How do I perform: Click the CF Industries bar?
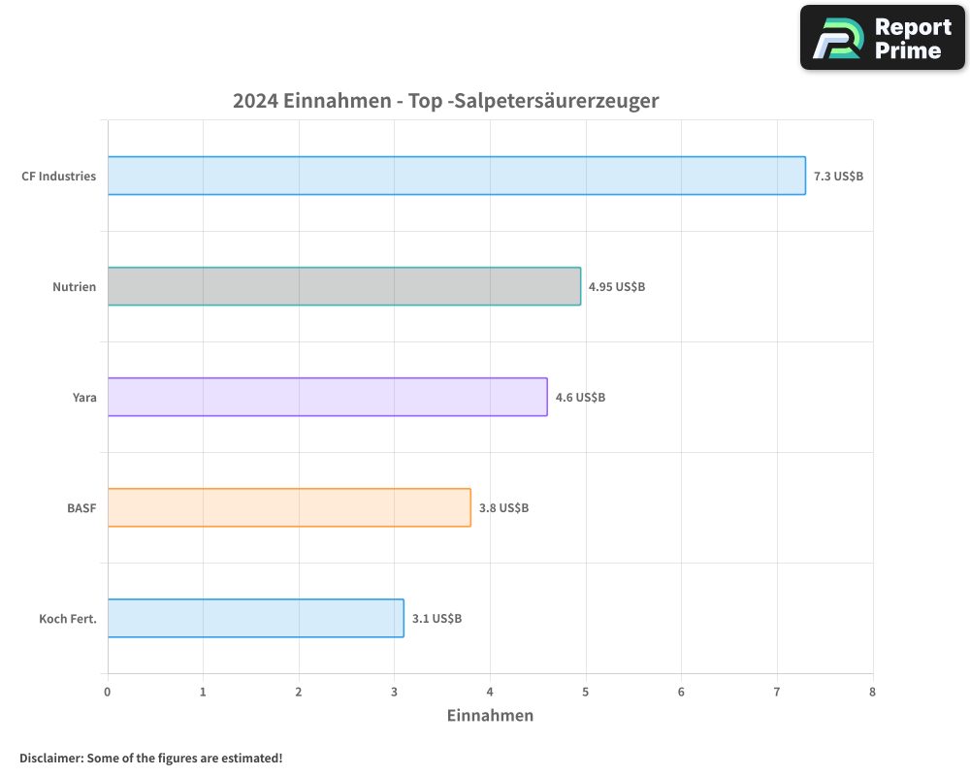(456, 176)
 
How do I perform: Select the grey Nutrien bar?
(343, 286)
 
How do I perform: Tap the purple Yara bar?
(327, 397)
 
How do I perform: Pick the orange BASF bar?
(289, 507)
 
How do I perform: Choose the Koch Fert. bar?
(255, 618)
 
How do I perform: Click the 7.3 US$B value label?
(838, 177)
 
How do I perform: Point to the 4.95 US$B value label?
(617, 287)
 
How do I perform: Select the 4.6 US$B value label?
(580, 398)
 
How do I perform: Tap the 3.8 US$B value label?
(503, 508)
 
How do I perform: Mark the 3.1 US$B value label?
(436, 619)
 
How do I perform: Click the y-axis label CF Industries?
(59, 177)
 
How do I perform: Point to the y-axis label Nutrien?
(75, 287)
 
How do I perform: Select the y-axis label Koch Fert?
(68, 619)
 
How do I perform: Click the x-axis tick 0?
(108, 692)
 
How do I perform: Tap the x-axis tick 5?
(586, 692)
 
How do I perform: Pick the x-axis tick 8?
(872, 692)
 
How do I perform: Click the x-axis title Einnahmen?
(490, 716)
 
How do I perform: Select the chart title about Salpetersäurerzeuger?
(445, 101)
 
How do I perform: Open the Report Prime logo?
(883, 38)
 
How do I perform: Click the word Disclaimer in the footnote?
(50, 758)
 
